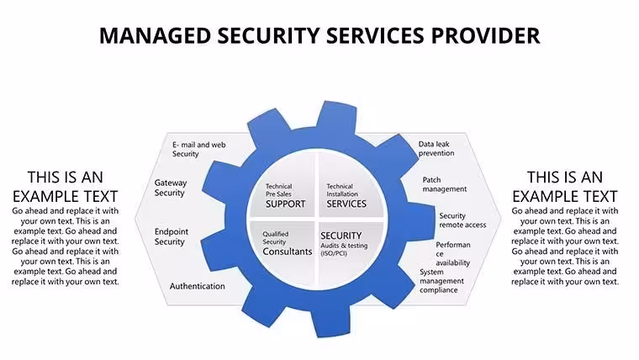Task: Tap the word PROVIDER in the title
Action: (x=486, y=35)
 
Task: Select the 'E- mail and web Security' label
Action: (x=199, y=149)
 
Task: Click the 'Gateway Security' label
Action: (x=171, y=188)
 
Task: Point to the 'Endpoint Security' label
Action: (x=172, y=237)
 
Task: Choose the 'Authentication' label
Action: (x=198, y=286)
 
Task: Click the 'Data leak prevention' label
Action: (x=436, y=149)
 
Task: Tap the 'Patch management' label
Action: (x=444, y=184)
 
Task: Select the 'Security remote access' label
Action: (x=462, y=220)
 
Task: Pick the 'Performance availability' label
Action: (x=452, y=253)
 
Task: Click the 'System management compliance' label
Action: (x=441, y=281)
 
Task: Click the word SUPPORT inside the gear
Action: (x=285, y=204)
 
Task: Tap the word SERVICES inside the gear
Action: (x=346, y=204)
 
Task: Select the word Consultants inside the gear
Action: (x=288, y=251)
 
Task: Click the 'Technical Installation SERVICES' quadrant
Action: (x=351, y=186)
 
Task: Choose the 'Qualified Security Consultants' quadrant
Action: (x=282, y=253)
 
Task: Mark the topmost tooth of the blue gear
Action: (x=336, y=116)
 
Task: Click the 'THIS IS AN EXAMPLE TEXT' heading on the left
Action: (x=66, y=187)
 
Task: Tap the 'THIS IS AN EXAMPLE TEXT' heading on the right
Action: (x=565, y=187)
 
